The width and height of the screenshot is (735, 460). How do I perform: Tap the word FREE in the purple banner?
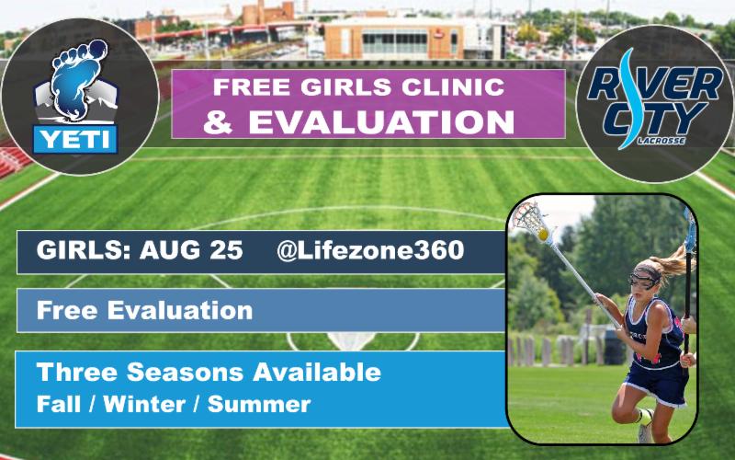pos(243,88)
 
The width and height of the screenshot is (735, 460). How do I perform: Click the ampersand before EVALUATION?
pos(218,122)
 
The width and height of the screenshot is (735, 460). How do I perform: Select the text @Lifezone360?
pos(370,251)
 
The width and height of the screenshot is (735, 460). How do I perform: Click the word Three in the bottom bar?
pos(73,373)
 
